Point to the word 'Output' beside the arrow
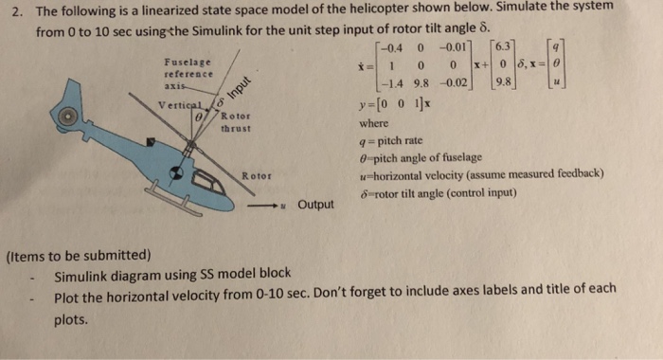tap(314, 204)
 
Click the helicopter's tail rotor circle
tap(66, 116)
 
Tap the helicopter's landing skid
tap(176, 203)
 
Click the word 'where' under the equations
tap(375, 123)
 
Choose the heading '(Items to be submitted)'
tap(77, 256)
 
